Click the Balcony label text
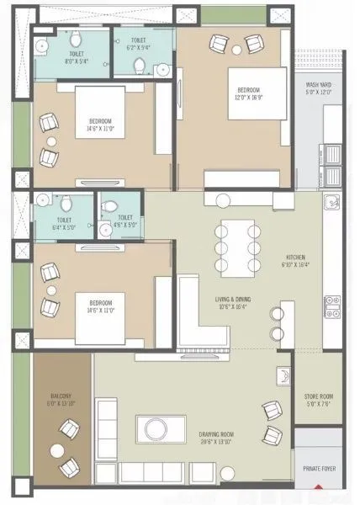tap(60, 400)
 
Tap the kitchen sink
tap(332, 203)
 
